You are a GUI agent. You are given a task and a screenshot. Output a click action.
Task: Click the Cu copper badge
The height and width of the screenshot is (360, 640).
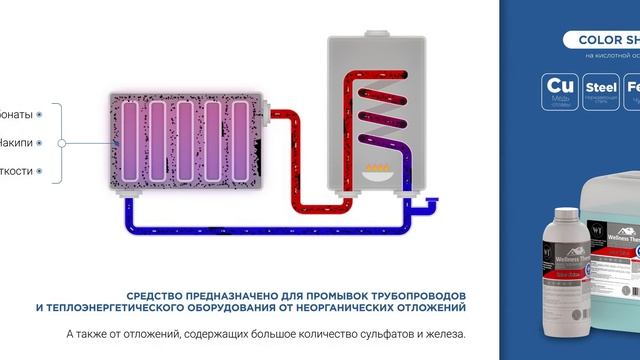pos(558,91)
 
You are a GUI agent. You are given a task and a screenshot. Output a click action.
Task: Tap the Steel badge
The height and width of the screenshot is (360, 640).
pos(600,91)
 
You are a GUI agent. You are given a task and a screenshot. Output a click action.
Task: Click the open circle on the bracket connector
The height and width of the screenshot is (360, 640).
pos(62,143)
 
